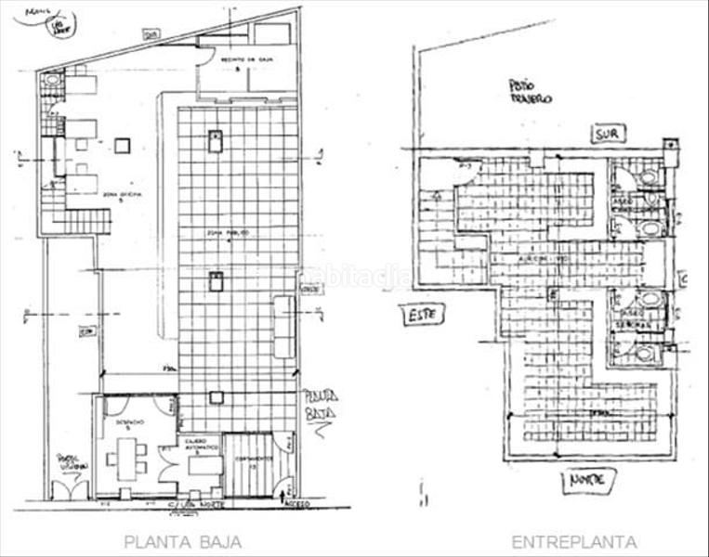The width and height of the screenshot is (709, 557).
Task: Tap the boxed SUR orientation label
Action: click(x=607, y=135)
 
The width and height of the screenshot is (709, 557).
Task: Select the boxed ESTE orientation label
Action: click(x=422, y=315)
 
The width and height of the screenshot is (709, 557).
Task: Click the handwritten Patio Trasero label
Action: click(x=531, y=92)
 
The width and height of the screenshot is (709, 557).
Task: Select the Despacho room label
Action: click(x=129, y=422)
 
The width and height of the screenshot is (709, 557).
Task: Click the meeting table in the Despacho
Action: click(x=125, y=457)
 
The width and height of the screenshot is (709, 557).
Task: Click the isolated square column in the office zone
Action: click(x=122, y=145)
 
